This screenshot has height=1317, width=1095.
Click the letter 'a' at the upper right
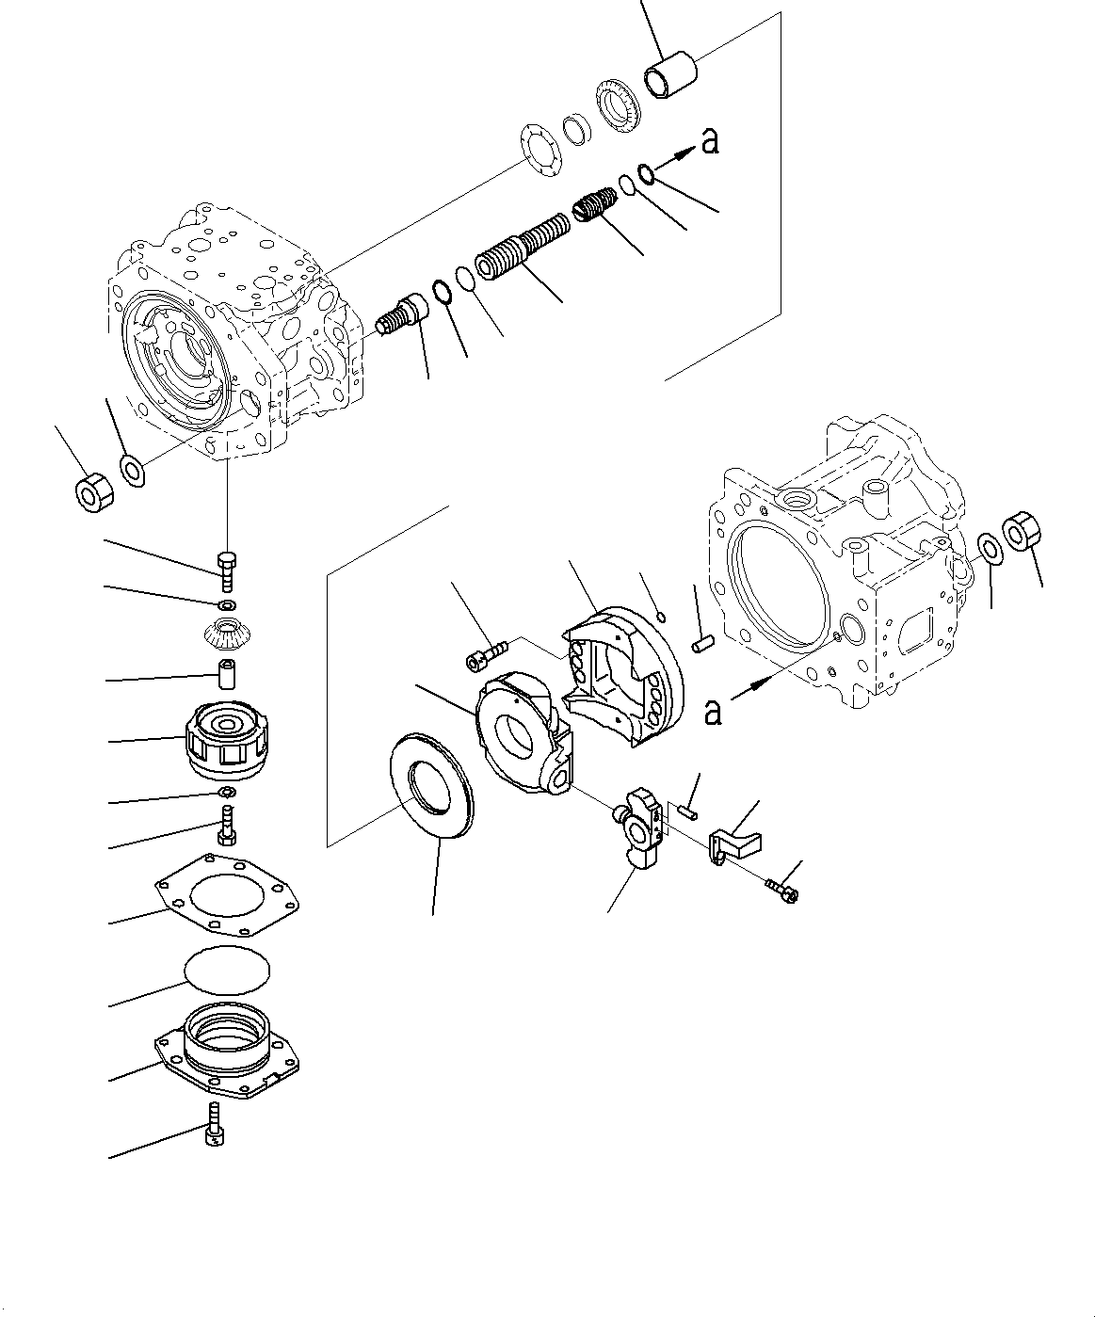(711, 140)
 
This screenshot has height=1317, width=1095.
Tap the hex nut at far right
(1023, 531)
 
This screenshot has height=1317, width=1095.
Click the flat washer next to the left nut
(132, 468)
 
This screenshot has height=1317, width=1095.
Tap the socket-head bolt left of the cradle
(486, 655)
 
